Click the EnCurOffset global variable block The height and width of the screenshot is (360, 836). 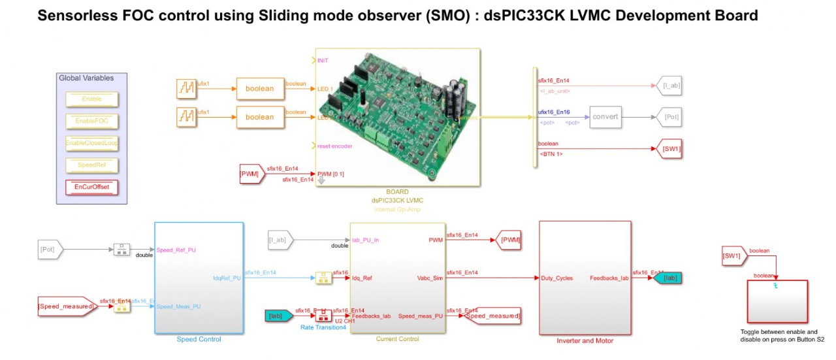[x=91, y=188]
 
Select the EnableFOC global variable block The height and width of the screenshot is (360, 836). [x=91, y=121]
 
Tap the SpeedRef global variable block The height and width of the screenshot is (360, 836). [x=91, y=165]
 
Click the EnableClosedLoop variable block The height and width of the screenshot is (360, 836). [x=91, y=142]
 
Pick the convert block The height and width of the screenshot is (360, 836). [x=605, y=117]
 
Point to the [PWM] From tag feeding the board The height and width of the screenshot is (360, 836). [x=250, y=174]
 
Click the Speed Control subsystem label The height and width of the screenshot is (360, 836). [x=199, y=339]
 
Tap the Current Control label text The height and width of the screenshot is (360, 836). [x=397, y=339]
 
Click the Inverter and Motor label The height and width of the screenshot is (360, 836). [x=585, y=340]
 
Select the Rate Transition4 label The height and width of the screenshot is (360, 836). [x=323, y=327]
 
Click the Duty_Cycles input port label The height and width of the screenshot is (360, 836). [x=556, y=278]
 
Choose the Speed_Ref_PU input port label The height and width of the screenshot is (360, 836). [x=176, y=250]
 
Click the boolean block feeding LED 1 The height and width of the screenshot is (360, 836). [x=259, y=88]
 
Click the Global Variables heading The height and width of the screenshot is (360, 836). [x=86, y=78]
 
